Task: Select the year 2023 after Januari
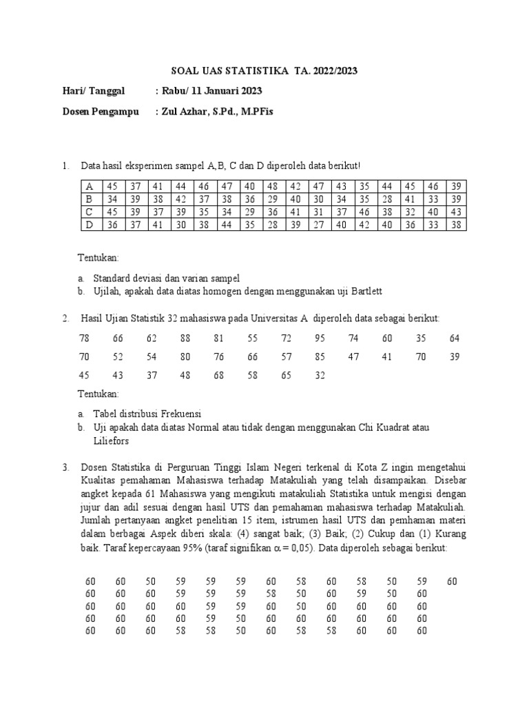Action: (249, 91)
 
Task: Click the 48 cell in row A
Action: (272, 186)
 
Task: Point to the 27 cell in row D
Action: (318, 224)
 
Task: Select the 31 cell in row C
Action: (318, 212)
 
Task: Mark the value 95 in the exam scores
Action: (320, 339)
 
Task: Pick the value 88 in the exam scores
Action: (185, 339)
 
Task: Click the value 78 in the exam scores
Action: (84, 339)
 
